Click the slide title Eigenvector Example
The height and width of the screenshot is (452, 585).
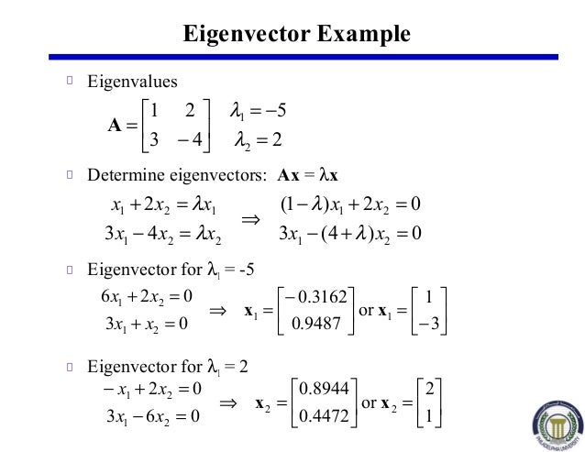coord(294,35)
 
